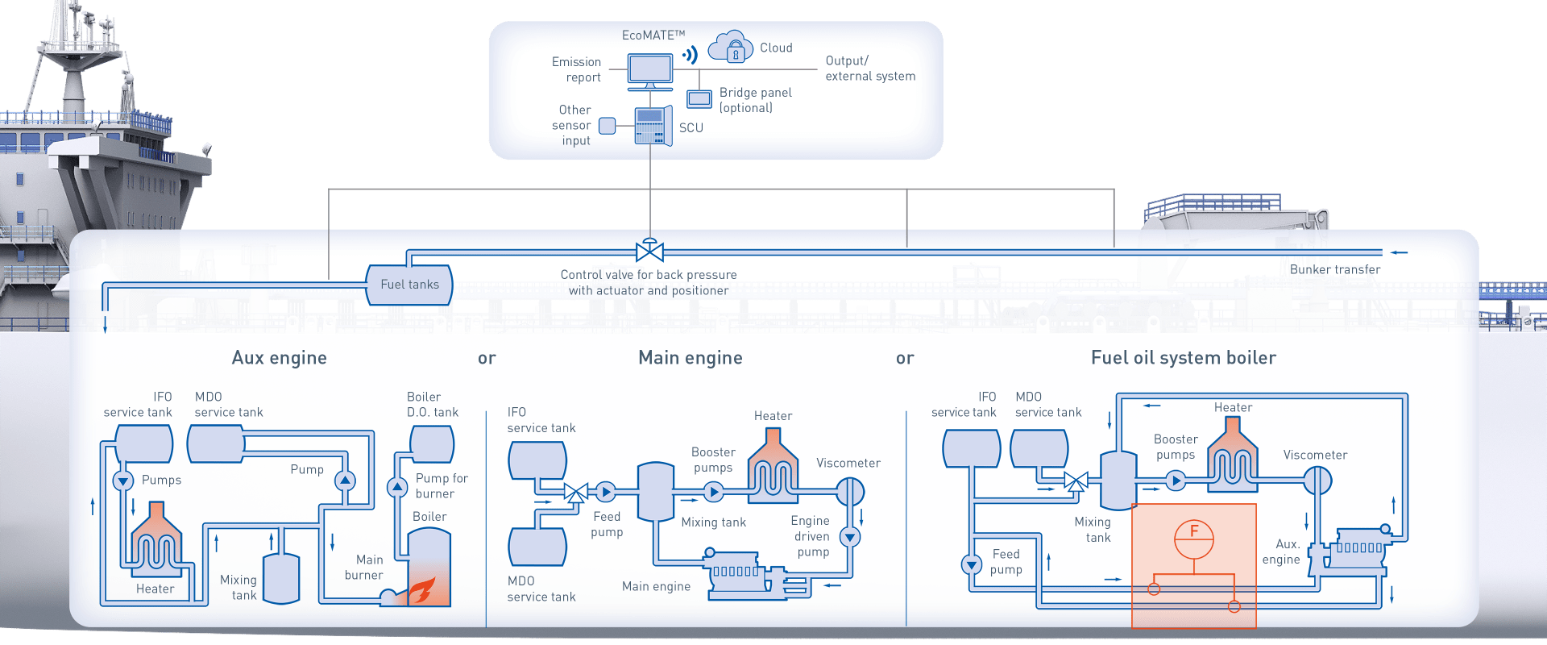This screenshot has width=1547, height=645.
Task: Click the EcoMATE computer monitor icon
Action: pyautogui.click(x=649, y=70)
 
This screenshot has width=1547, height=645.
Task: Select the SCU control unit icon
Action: pyautogui.click(x=652, y=126)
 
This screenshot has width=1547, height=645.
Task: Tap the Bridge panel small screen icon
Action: pyautogui.click(x=699, y=98)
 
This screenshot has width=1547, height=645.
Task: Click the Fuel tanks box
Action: pyautogui.click(x=409, y=285)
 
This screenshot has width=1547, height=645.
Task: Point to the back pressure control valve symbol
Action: pyautogui.click(x=649, y=251)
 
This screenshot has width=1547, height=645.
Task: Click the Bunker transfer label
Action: pyautogui.click(x=1334, y=269)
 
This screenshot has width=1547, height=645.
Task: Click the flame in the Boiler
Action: pyautogui.click(x=421, y=591)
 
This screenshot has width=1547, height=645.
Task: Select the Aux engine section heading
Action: pyautogui.click(x=279, y=358)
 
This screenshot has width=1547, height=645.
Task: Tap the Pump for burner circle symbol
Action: pyautogui.click(x=397, y=487)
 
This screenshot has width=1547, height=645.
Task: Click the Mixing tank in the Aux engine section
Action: pyautogui.click(x=281, y=578)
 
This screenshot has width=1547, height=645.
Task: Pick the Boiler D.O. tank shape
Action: pyautogui.click(x=432, y=444)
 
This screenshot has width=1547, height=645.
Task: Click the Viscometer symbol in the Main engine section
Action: pyautogui.click(x=850, y=490)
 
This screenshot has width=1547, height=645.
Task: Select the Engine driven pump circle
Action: pyautogui.click(x=850, y=536)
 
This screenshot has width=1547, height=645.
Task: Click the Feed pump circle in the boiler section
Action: pyautogui.click(x=972, y=564)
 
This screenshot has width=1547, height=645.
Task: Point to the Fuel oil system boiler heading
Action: pyautogui.click(x=1183, y=358)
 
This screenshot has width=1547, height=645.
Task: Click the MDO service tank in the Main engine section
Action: pyautogui.click(x=537, y=547)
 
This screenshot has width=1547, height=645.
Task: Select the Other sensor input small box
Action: pyautogui.click(x=608, y=125)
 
